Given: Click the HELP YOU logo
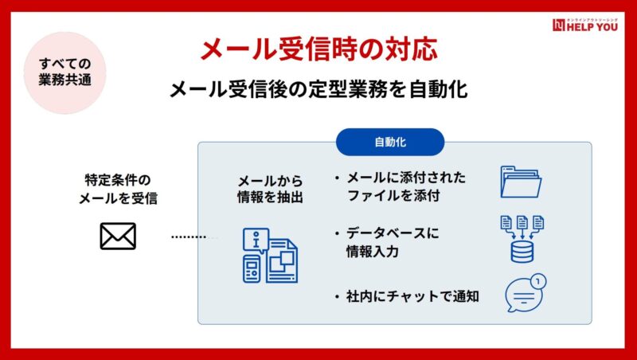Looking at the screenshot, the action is tap(585, 25).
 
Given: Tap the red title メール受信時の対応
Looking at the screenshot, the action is tap(319, 49).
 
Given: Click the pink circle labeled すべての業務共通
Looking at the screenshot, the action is tap(65, 72).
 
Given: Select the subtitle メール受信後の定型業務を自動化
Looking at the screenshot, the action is tap(318, 89).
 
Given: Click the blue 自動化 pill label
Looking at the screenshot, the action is tap(390, 142).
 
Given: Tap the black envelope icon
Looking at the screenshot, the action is tap(118, 236).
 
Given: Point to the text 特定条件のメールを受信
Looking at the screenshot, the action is tap(118, 189).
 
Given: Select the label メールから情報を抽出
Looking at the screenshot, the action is tap(270, 189).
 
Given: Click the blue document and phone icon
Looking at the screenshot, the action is tap(270, 256).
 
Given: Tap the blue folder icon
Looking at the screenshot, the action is tap(521, 182).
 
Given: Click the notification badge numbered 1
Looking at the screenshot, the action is tap(538, 281).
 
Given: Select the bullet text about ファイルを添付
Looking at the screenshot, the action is tap(400, 186).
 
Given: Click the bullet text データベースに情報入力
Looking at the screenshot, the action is tap(387, 243).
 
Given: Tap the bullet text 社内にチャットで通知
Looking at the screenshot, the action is tap(406, 296).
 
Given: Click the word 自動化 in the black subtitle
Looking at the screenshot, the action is tap(439, 89).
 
